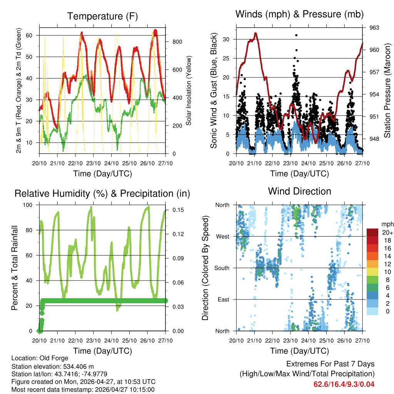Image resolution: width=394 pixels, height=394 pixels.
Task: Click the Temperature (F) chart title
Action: pyautogui.click(x=102, y=16)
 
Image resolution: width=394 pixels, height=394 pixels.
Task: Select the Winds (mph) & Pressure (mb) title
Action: pyautogui.click(x=300, y=14)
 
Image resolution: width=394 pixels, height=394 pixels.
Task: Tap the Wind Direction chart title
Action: pyautogui.click(x=299, y=191)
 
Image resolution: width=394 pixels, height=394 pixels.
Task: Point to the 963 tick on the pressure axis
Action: pyautogui.click(x=374, y=28)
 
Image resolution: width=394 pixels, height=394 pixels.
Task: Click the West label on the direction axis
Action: pyautogui.click(x=222, y=236)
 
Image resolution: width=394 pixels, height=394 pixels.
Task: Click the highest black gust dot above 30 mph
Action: pyautogui.click(x=296, y=35)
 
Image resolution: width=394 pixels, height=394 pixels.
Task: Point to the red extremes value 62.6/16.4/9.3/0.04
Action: pyautogui.click(x=344, y=384)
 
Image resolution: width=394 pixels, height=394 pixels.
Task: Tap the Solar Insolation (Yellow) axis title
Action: pyautogui.click(x=189, y=91)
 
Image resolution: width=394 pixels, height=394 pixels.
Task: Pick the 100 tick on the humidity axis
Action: pyautogui.click(x=31, y=205)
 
